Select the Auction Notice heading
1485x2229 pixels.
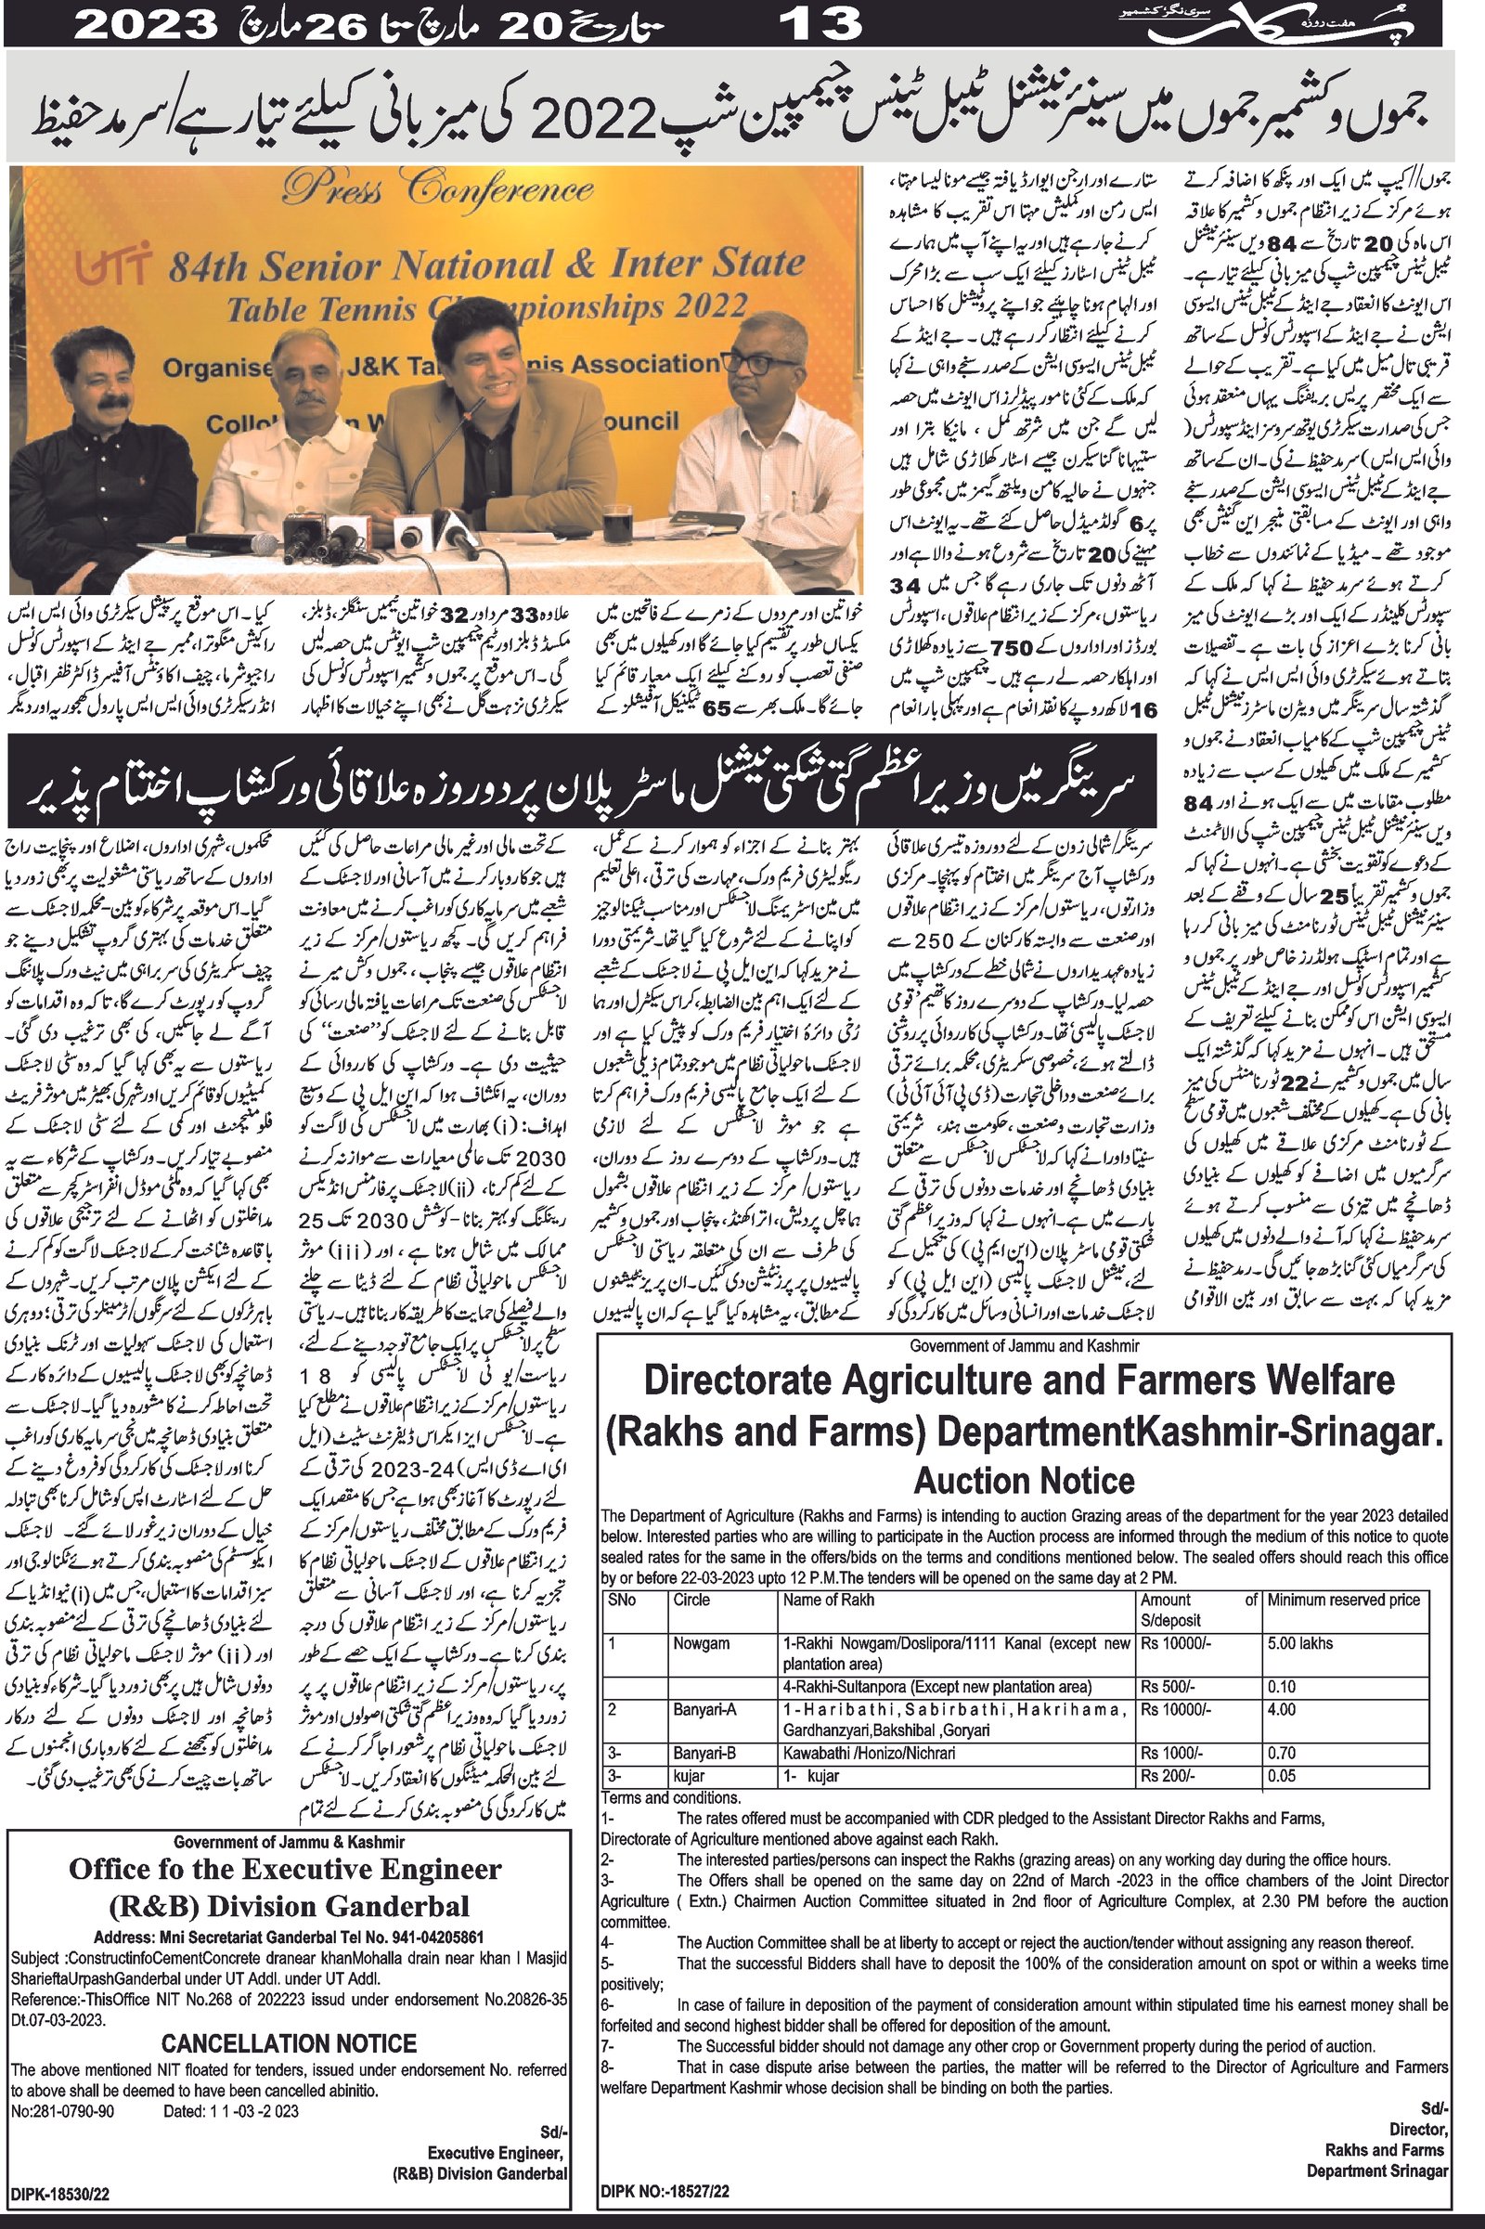point(1024,1480)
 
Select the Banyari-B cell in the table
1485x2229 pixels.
point(704,1754)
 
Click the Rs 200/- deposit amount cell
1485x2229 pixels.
point(1169,1776)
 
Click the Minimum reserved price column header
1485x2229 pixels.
point(1344,1600)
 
